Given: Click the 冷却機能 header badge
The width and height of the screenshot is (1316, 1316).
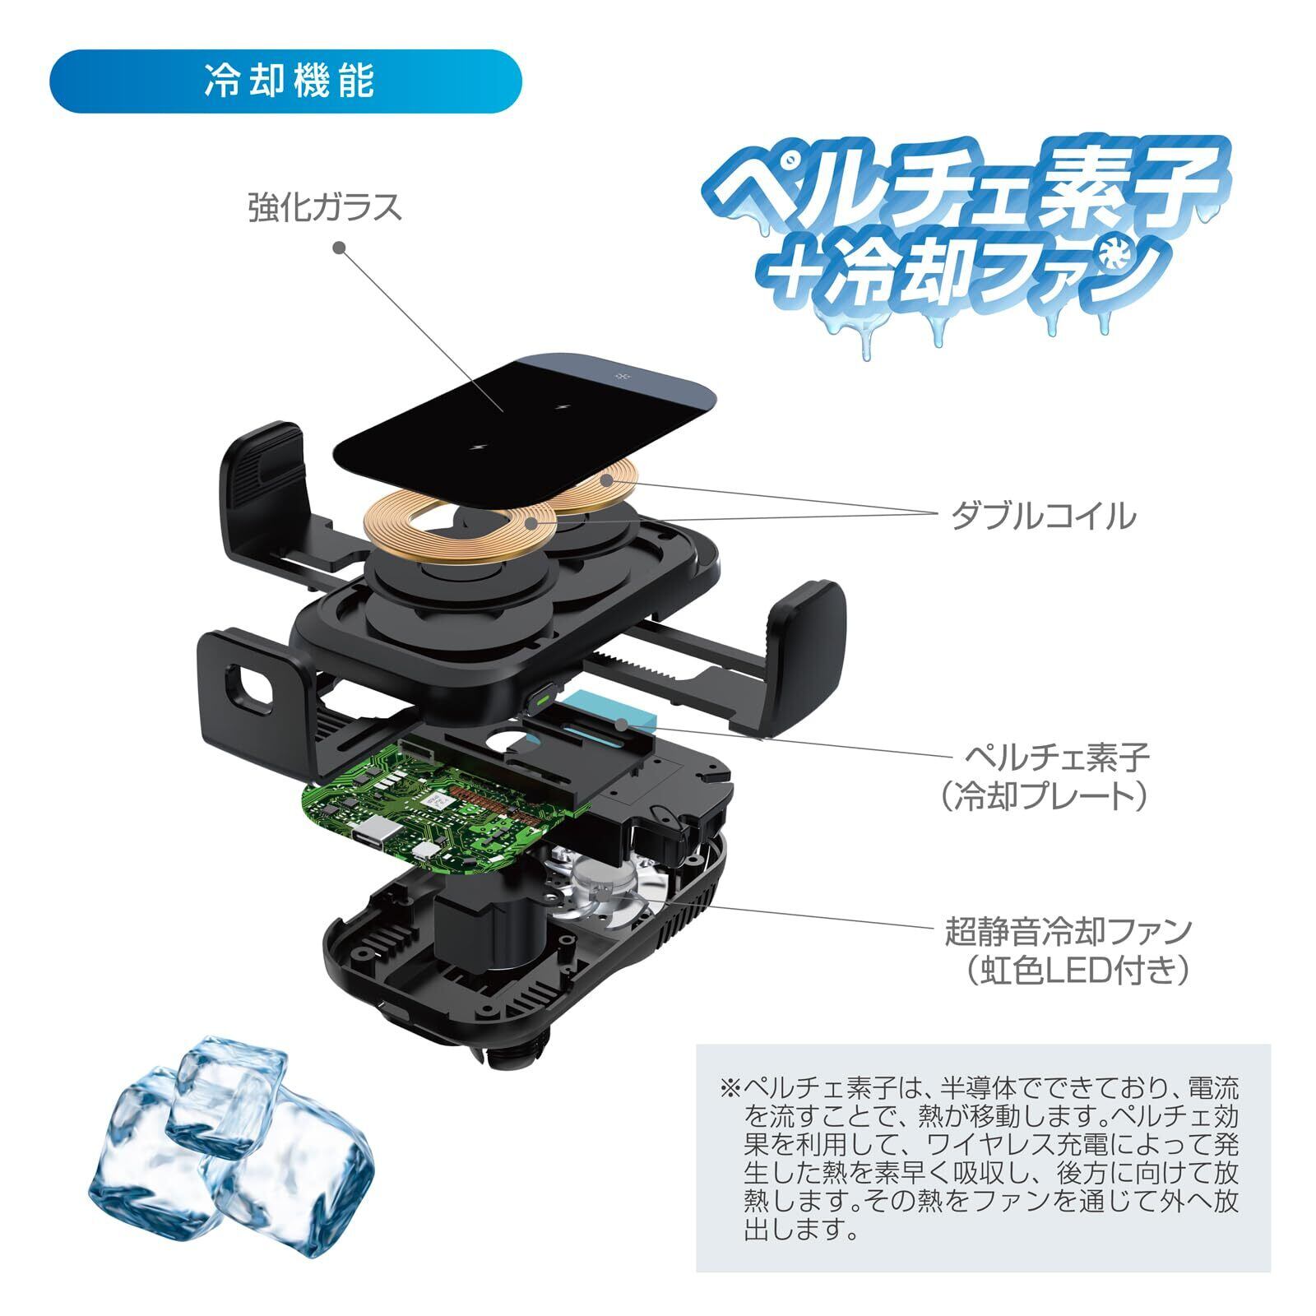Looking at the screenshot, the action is click(x=286, y=81).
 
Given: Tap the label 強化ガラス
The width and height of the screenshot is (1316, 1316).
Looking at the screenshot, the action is click(x=326, y=206).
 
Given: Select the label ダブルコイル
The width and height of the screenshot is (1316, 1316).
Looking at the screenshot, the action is click(x=1044, y=516).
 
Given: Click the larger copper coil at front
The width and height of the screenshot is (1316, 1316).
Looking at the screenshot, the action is click(x=461, y=526).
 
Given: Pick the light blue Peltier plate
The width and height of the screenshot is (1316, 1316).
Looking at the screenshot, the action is click(x=613, y=707).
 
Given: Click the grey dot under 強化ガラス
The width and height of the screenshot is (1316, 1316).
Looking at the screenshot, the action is click(x=339, y=247).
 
